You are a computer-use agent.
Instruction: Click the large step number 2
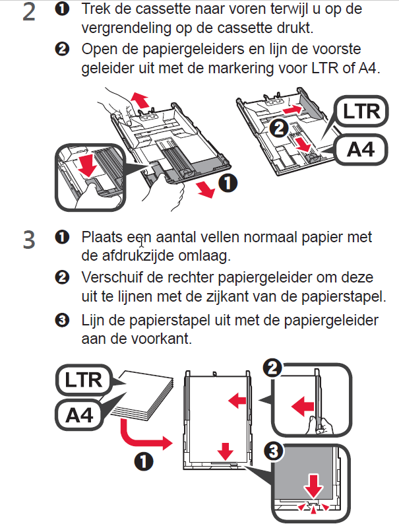(29, 13)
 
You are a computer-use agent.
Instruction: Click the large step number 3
(29, 240)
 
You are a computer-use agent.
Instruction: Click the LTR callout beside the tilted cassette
(361, 112)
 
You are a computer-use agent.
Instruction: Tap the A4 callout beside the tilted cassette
(361, 149)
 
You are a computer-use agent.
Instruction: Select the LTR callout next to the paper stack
(83, 380)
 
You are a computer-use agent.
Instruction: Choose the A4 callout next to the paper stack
(79, 414)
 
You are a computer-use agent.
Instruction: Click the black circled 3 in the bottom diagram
(273, 451)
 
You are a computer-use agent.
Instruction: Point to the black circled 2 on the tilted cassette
(279, 129)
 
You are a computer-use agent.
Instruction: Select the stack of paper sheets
(143, 395)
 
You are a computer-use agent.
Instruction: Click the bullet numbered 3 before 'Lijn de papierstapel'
(62, 319)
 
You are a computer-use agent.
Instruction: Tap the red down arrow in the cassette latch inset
(88, 165)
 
